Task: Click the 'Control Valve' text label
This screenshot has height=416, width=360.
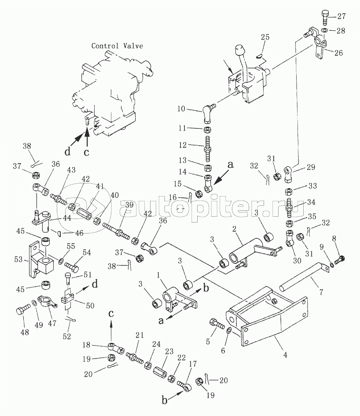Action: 117,46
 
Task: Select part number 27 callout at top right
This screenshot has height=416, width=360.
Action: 342,16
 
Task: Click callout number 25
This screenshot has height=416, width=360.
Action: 265,37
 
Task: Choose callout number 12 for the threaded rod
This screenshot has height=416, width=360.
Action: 183,145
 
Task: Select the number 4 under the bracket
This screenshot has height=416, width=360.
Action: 285,355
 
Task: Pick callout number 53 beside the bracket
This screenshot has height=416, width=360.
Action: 18,259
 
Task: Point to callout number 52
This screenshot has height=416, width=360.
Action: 67,336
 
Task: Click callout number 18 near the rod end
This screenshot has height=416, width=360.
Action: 86,345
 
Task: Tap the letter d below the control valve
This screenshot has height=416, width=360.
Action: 68,151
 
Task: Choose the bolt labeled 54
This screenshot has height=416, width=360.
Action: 72,266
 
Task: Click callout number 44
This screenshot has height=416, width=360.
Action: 67,218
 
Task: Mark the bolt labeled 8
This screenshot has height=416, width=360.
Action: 340,259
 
